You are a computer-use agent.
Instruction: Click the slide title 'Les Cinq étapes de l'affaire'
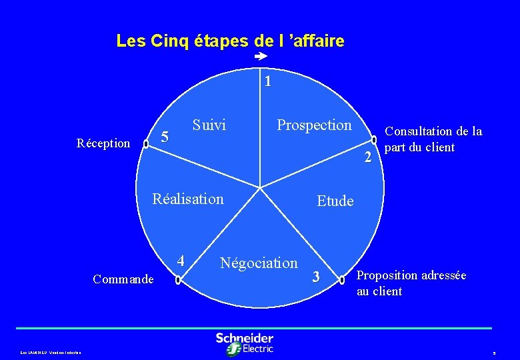230,41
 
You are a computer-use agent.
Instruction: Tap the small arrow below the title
261,59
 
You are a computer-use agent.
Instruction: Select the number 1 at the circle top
267,83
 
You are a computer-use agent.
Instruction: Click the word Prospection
314,125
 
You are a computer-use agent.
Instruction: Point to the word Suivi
209,125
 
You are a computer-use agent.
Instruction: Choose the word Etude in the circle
335,201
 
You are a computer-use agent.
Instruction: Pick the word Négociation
259,263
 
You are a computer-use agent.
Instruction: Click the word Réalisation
188,199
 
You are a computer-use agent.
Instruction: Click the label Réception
103,143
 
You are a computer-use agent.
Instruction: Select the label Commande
123,279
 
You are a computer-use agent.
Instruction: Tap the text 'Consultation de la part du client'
433,139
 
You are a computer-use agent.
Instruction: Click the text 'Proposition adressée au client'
411,283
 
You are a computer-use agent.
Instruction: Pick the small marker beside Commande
177,281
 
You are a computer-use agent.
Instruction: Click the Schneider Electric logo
245,343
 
